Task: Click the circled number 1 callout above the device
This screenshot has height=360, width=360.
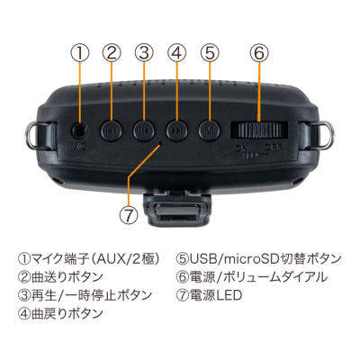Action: point(80,51)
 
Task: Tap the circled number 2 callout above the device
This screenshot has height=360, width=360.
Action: point(112,51)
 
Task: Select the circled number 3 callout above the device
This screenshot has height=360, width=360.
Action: point(144,51)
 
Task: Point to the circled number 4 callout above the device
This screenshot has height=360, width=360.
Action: point(176,51)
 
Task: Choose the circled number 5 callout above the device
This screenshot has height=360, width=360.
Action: point(209,51)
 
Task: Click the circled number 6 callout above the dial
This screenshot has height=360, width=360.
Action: point(258,51)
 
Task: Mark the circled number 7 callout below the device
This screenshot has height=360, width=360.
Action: point(129,215)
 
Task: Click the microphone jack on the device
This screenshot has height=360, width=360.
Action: point(80,130)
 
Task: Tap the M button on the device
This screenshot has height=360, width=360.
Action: point(209,130)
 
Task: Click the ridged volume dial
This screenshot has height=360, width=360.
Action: point(257,130)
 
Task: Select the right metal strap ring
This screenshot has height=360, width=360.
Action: point(322,134)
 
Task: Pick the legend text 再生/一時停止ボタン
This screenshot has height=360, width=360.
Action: point(85,295)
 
